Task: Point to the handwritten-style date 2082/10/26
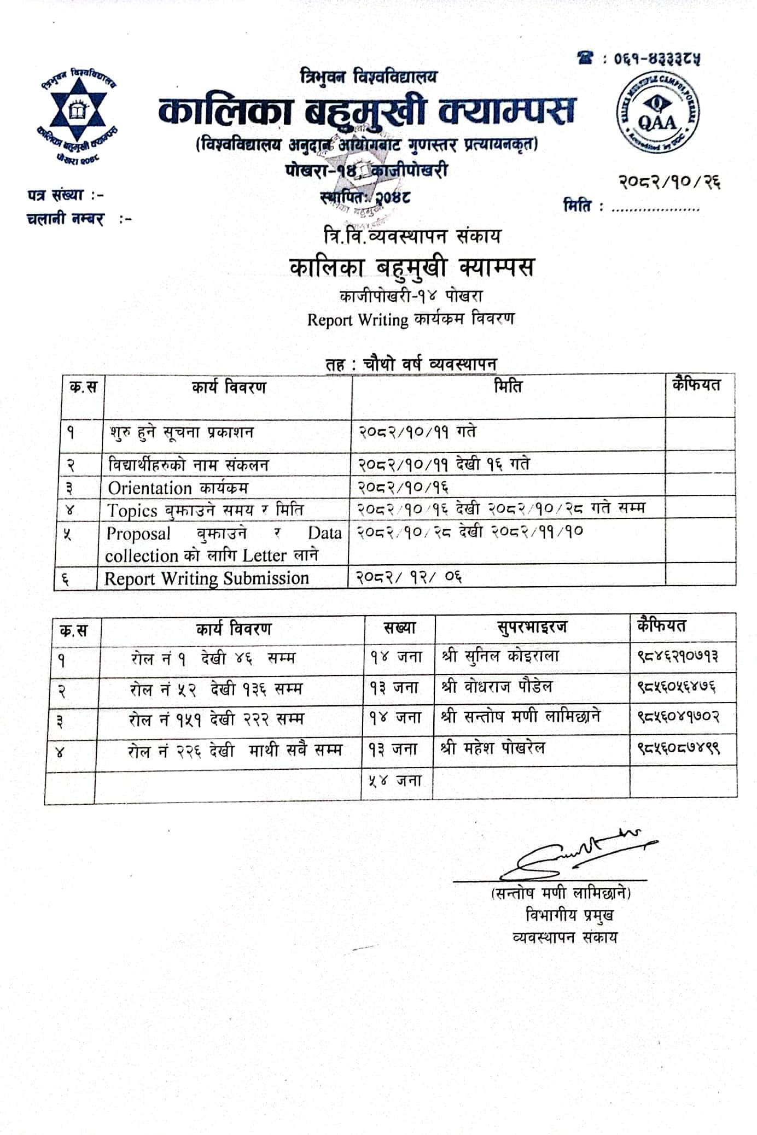(669, 181)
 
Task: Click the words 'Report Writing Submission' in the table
(207, 578)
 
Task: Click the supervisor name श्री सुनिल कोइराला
(500, 656)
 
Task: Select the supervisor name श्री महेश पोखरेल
(493, 747)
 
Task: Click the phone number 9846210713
(678, 656)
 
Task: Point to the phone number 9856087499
(678, 747)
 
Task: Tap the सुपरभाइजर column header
(532, 627)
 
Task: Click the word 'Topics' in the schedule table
(132, 511)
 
